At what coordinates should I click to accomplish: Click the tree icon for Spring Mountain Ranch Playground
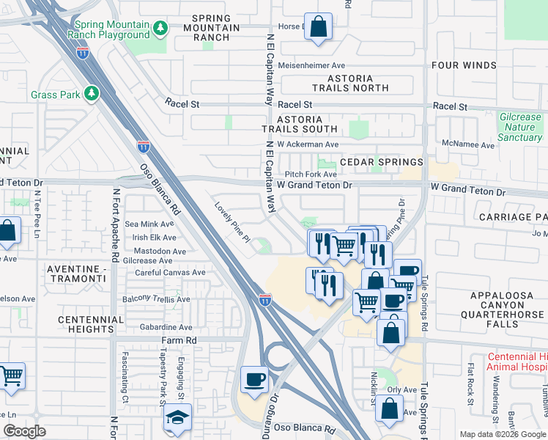click(160, 29)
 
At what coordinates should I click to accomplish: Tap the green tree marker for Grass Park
click(92, 95)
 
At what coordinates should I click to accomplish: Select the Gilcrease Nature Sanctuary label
click(519, 127)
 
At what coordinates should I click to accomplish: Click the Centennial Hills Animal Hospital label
click(517, 362)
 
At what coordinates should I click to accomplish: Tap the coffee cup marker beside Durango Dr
click(255, 380)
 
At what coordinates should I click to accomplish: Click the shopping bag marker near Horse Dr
click(319, 27)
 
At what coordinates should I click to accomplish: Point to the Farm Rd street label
click(179, 341)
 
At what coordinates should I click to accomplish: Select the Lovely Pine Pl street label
click(232, 223)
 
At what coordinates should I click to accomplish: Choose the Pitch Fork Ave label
click(311, 175)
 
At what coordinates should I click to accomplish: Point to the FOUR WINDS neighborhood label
click(464, 65)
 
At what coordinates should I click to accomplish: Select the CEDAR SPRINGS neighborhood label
click(381, 161)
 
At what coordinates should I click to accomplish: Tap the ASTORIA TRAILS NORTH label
click(350, 83)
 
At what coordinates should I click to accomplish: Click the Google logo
click(24, 431)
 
